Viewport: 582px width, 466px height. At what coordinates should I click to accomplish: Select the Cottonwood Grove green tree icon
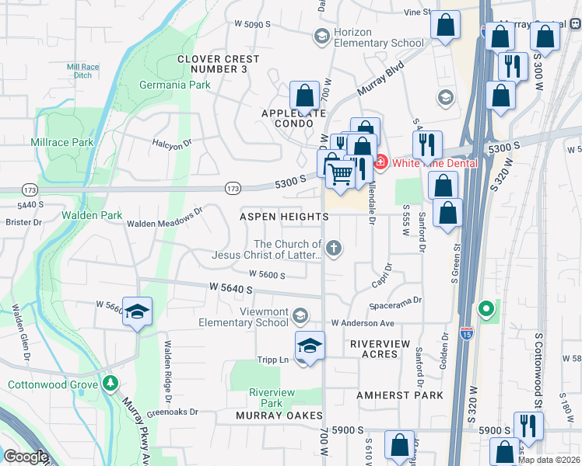click(110, 384)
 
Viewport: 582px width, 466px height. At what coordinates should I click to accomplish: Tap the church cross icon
click(333, 249)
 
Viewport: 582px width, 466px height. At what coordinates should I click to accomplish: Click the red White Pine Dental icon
click(380, 162)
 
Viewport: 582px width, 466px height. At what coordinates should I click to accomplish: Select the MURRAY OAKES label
click(279, 416)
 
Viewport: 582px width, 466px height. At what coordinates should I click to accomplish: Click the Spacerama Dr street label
click(395, 300)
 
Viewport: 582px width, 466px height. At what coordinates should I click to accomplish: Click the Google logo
click(26, 457)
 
